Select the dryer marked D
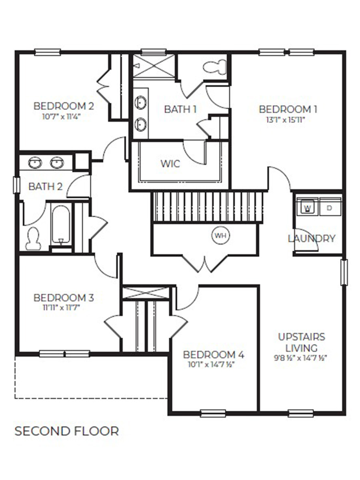(329, 208)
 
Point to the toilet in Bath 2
(33, 238)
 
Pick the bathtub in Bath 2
(61, 225)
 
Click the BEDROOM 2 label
(64, 106)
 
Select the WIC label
(170, 164)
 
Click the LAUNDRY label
(312, 238)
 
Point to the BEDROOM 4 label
(214, 354)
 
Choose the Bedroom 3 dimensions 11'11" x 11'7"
(64, 308)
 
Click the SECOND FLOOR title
(67, 431)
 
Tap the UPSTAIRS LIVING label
(302, 342)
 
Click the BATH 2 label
(45, 186)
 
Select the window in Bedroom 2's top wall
(47, 52)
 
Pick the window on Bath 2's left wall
(16, 185)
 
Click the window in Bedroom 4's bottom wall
(213, 413)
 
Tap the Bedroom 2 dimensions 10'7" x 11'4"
(64, 116)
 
